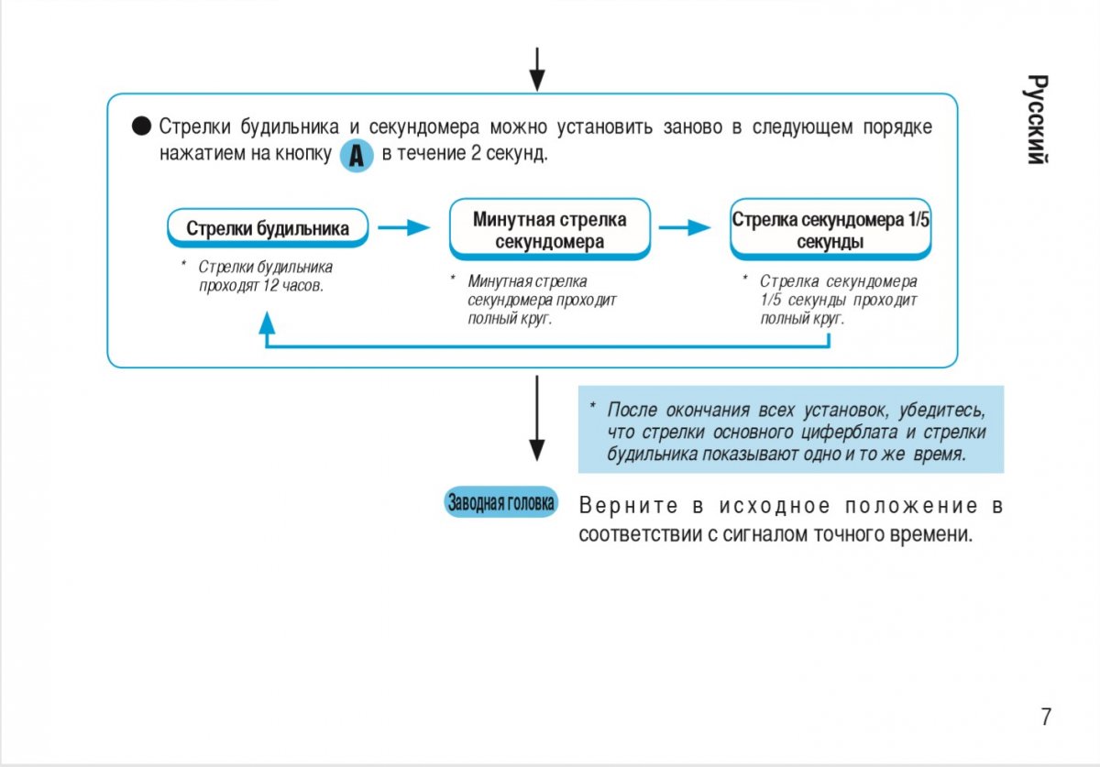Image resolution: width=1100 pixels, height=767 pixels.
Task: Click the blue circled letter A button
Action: [357, 157]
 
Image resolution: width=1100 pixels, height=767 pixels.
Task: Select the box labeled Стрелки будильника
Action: [268, 228]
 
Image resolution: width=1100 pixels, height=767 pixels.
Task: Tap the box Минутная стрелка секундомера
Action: [549, 230]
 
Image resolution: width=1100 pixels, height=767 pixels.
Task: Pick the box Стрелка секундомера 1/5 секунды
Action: [830, 230]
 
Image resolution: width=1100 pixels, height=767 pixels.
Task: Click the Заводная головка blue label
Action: [500, 502]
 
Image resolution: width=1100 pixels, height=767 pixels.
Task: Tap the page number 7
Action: [1046, 717]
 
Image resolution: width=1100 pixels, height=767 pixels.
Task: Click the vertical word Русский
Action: [1037, 119]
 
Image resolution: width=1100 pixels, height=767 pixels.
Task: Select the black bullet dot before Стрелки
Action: [141, 126]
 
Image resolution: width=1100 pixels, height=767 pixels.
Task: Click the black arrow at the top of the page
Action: [537, 69]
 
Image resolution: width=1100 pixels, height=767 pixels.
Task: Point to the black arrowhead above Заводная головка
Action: [537, 449]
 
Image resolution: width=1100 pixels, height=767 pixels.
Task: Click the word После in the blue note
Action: [632, 409]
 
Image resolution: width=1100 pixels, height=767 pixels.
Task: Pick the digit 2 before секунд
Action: [476, 153]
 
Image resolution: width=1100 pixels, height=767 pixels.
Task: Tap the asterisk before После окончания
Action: [593, 408]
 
